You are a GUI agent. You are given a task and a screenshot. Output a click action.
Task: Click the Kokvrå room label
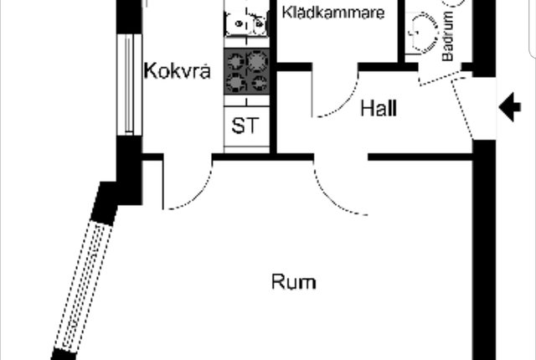coord(177,70)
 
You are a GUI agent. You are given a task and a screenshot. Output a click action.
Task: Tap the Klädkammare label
coord(333,13)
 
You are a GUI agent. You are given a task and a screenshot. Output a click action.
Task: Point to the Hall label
coord(379,108)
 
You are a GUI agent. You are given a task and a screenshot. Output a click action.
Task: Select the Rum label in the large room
coord(294,282)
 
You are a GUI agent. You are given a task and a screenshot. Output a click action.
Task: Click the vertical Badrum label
coord(447,36)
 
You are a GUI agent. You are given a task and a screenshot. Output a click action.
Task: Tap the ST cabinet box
coord(246,126)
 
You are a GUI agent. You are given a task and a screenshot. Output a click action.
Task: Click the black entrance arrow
coord(510,107)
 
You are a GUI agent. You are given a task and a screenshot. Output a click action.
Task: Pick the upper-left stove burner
coord(235,61)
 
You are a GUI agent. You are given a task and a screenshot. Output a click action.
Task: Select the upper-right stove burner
coord(258,61)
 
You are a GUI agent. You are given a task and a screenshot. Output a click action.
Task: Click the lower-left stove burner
coord(235,82)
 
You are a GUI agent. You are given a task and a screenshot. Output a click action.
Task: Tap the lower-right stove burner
coord(259,83)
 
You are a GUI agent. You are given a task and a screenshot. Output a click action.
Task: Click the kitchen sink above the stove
coord(245,23)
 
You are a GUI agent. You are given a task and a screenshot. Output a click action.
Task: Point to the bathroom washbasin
coord(423,33)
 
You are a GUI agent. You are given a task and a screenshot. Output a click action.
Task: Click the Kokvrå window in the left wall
coord(129,85)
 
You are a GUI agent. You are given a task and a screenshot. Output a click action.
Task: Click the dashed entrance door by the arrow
coord(461,108)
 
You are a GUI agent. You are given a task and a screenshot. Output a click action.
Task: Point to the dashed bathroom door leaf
coord(441,78)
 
